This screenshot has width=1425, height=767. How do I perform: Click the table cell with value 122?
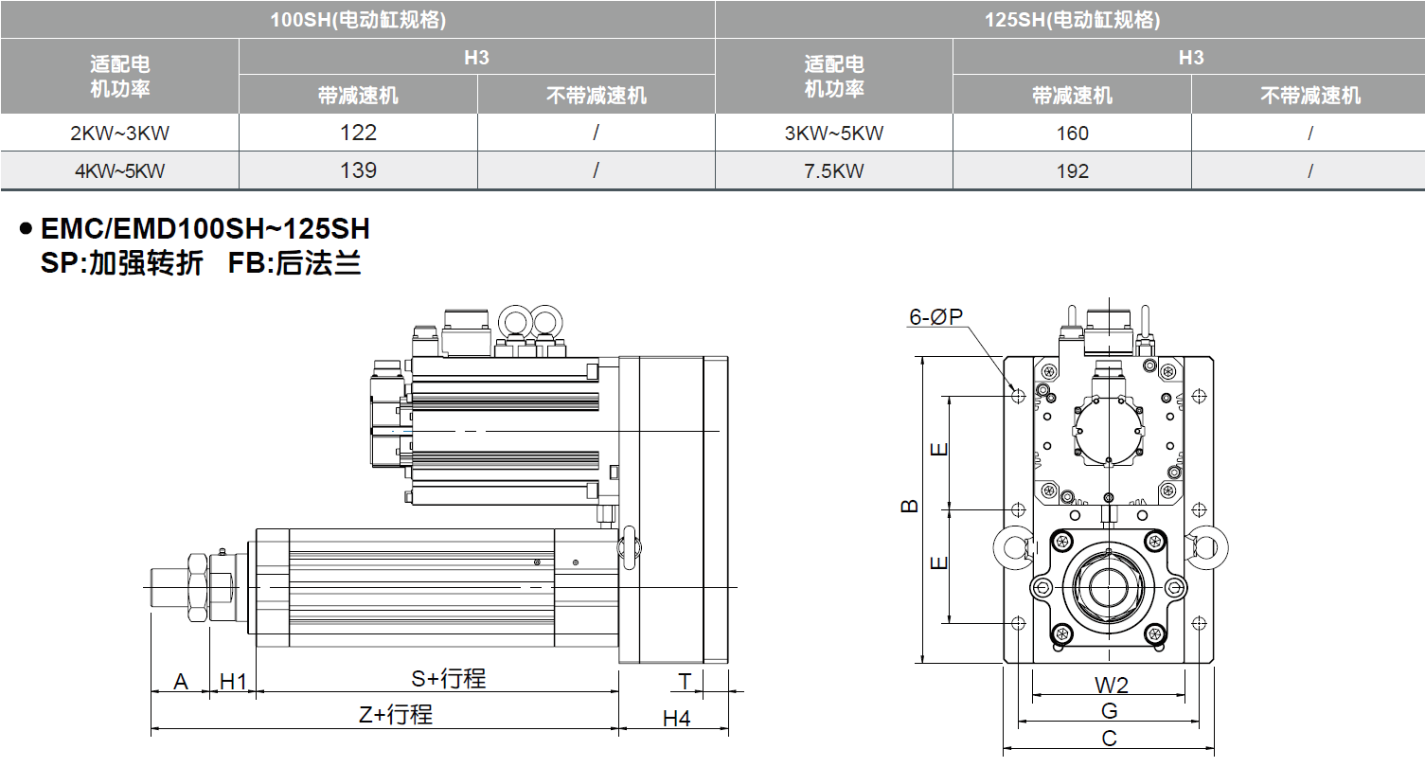pos(358,133)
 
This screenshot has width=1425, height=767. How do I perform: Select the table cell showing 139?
pos(358,170)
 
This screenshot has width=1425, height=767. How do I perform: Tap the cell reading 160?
pos(1072,133)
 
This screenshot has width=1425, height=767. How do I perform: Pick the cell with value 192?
pos(1072,171)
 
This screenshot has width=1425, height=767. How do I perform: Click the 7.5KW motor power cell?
pos(833,171)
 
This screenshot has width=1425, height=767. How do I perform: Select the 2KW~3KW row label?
pos(119,133)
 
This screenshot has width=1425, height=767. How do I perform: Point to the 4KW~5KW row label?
pos(119,171)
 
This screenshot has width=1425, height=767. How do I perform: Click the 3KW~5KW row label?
pos(833,133)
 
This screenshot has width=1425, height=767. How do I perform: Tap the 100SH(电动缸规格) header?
pos(358,19)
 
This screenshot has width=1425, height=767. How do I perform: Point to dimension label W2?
pos(1111,685)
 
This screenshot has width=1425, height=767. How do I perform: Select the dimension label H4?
pos(676,719)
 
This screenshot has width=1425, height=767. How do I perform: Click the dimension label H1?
pos(233,681)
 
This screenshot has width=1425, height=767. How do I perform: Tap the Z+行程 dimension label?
pos(395,716)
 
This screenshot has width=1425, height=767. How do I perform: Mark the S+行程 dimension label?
pos(448,679)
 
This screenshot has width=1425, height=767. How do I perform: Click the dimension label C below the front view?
pos(1110,739)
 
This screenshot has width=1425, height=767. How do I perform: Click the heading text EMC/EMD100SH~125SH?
pos(205,229)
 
